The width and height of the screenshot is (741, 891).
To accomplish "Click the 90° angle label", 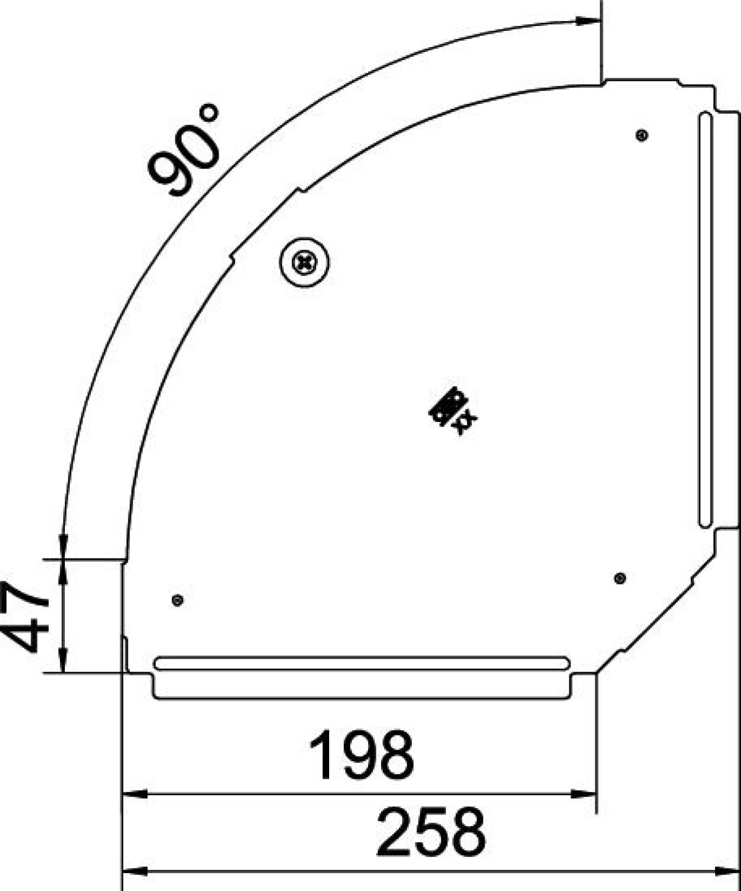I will pyautogui.click(x=184, y=151).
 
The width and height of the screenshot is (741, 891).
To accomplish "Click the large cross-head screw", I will pyautogui.click(x=304, y=263).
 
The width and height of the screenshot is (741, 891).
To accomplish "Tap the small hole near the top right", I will pyautogui.click(x=642, y=135).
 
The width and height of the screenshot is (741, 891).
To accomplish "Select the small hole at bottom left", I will pyautogui.click(x=178, y=600).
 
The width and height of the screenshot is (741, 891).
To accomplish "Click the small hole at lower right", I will pyautogui.click(x=620, y=578).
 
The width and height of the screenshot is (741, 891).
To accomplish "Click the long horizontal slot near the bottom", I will pyautogui.click(x=361, y=664).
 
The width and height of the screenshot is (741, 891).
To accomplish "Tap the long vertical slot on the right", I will pyautogui.click(x=705, y=319).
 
